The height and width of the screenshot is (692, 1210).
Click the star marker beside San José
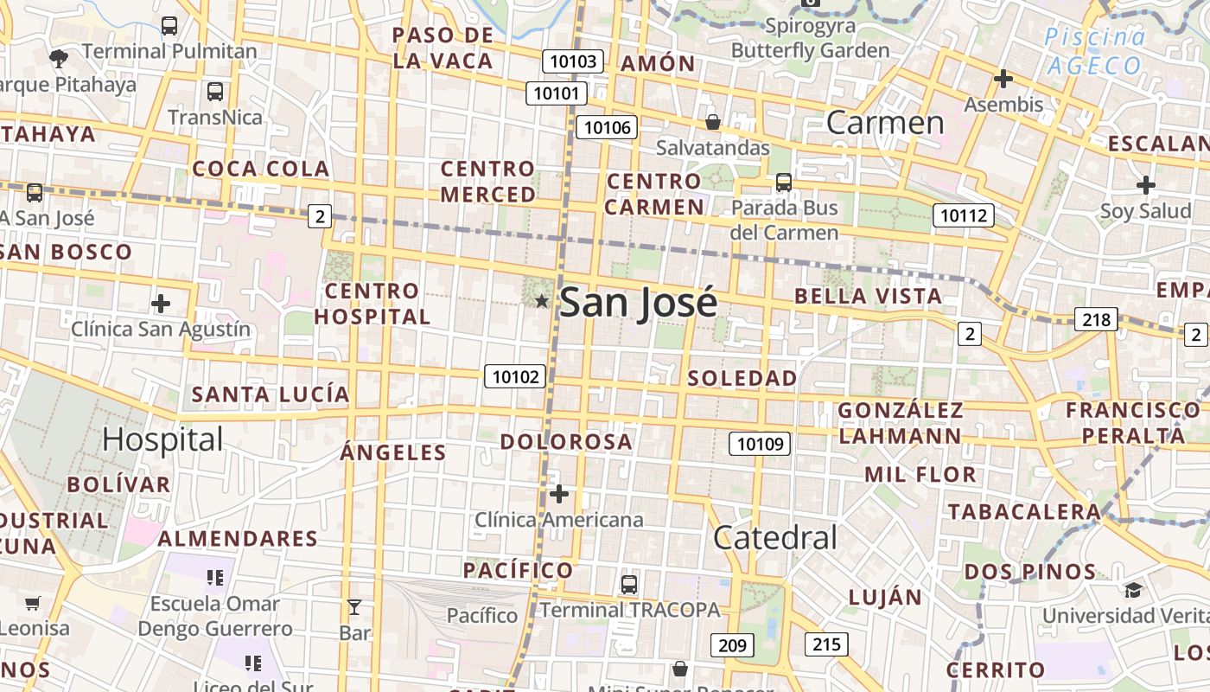542,301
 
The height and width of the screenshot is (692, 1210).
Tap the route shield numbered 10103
573,61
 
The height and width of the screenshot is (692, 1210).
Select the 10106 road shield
607,128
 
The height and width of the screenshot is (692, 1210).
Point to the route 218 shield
1096,319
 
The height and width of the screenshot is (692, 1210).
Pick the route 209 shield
732,644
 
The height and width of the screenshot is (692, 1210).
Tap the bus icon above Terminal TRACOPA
629,584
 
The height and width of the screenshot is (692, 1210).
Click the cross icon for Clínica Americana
559,494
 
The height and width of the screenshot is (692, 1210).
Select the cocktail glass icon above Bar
354,606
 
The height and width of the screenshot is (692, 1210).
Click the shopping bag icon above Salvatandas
713,122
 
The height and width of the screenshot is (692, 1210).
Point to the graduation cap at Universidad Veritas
1133,590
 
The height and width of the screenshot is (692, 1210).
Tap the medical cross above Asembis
1003,79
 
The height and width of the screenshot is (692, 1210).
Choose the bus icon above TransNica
215,91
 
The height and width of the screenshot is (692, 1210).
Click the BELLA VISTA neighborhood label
868,296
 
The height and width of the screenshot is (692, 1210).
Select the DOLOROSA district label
566,441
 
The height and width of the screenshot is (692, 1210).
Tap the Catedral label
775,537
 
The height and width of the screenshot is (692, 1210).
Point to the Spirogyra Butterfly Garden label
810,38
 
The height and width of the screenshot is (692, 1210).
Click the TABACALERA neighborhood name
1023,511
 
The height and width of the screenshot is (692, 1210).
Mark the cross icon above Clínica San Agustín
161,304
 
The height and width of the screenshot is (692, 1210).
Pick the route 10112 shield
963,215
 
